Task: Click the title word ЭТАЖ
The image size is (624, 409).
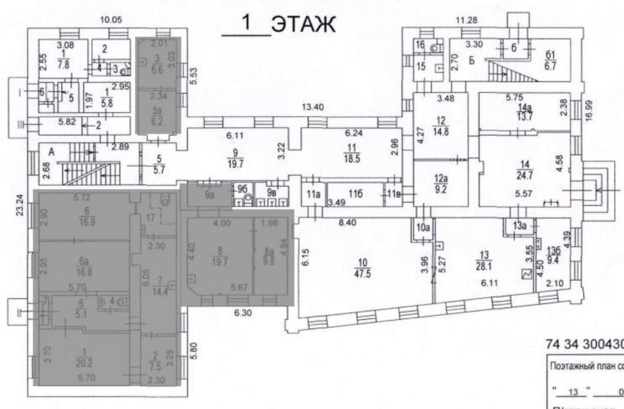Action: pos(303,25)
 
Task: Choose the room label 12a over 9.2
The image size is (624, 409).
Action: pos(441,181)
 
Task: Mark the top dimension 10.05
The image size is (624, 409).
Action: pos(110,20)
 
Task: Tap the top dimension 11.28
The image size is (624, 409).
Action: pos(466,20)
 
